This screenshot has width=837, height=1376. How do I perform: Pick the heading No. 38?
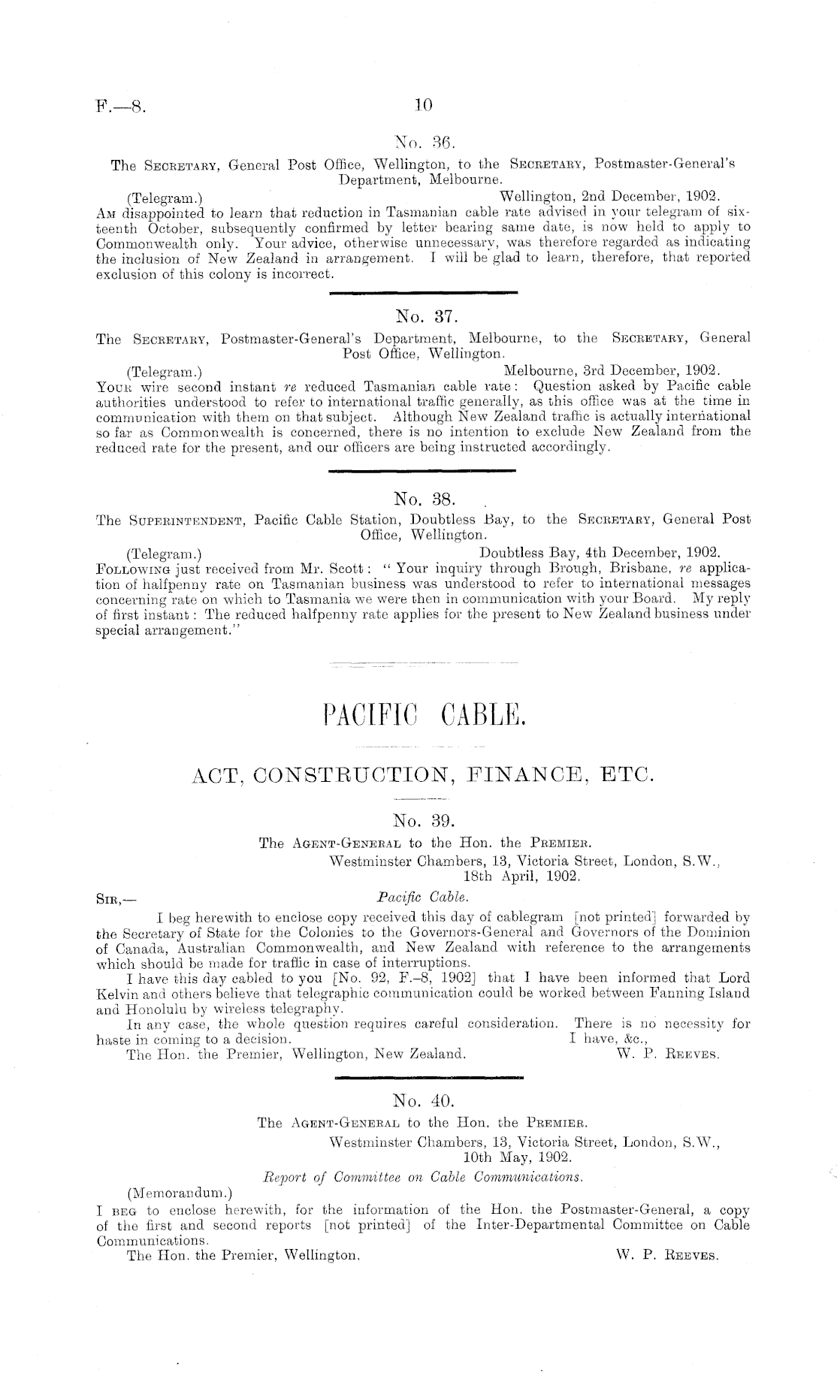pos(421,498)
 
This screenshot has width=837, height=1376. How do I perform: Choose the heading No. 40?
pos(421,1101)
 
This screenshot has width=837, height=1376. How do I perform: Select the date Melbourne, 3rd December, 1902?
pos(612,370)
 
